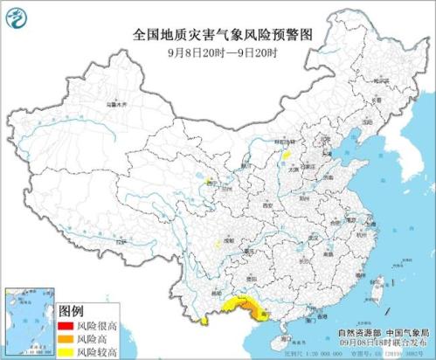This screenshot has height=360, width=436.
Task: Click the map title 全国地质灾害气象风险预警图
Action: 219,34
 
